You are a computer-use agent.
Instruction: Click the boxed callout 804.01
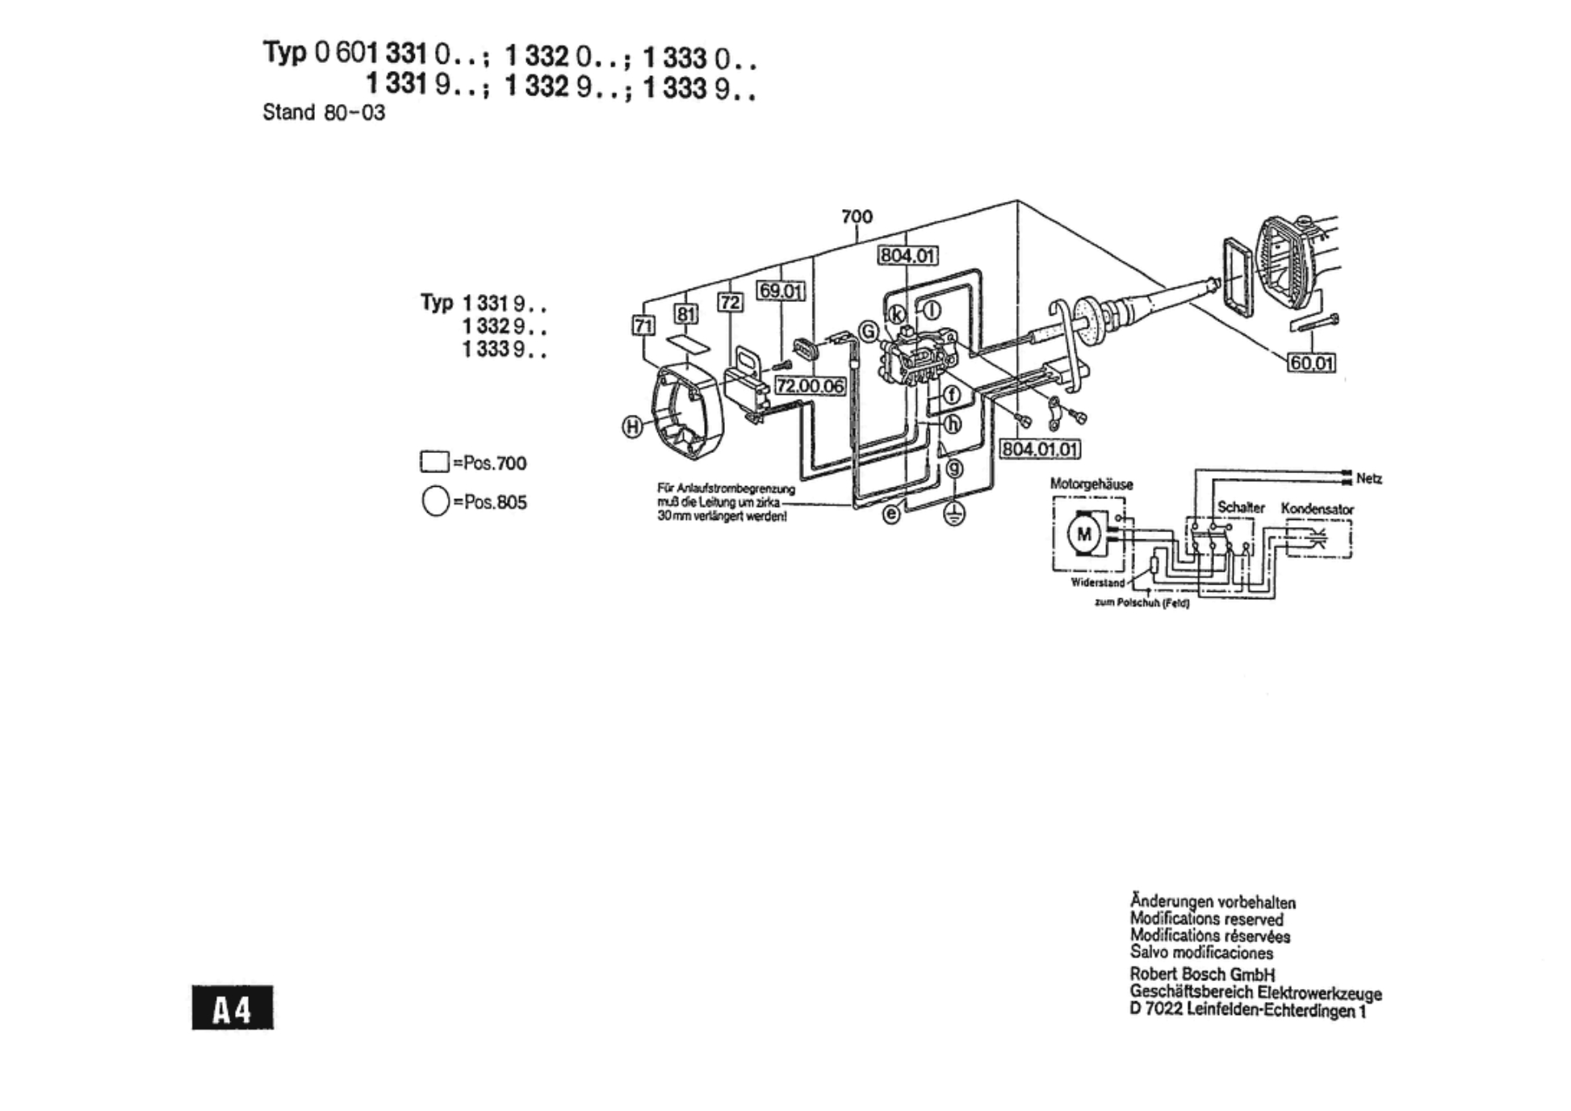907,256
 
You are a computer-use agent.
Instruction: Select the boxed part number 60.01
1311,363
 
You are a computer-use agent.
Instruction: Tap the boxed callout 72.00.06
810,387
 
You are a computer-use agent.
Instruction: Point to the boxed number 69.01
780,291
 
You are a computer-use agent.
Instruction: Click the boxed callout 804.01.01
1040,449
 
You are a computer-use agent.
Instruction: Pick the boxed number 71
643,325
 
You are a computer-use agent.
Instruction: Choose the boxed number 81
685,314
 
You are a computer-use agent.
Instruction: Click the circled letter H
632,427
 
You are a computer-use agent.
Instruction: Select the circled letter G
868,331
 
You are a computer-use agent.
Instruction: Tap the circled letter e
890,514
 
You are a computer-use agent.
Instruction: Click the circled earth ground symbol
954,514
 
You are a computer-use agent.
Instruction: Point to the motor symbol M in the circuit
1083,534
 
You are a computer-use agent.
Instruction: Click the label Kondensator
1317,509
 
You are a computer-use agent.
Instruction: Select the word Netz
1368,479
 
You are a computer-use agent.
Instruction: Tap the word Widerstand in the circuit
1097,582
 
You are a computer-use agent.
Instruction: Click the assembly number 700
857,216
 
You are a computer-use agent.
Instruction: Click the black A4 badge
233,1008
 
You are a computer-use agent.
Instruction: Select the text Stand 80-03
324,112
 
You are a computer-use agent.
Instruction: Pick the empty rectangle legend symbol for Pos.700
434,462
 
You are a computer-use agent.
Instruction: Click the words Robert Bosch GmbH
1201,974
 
